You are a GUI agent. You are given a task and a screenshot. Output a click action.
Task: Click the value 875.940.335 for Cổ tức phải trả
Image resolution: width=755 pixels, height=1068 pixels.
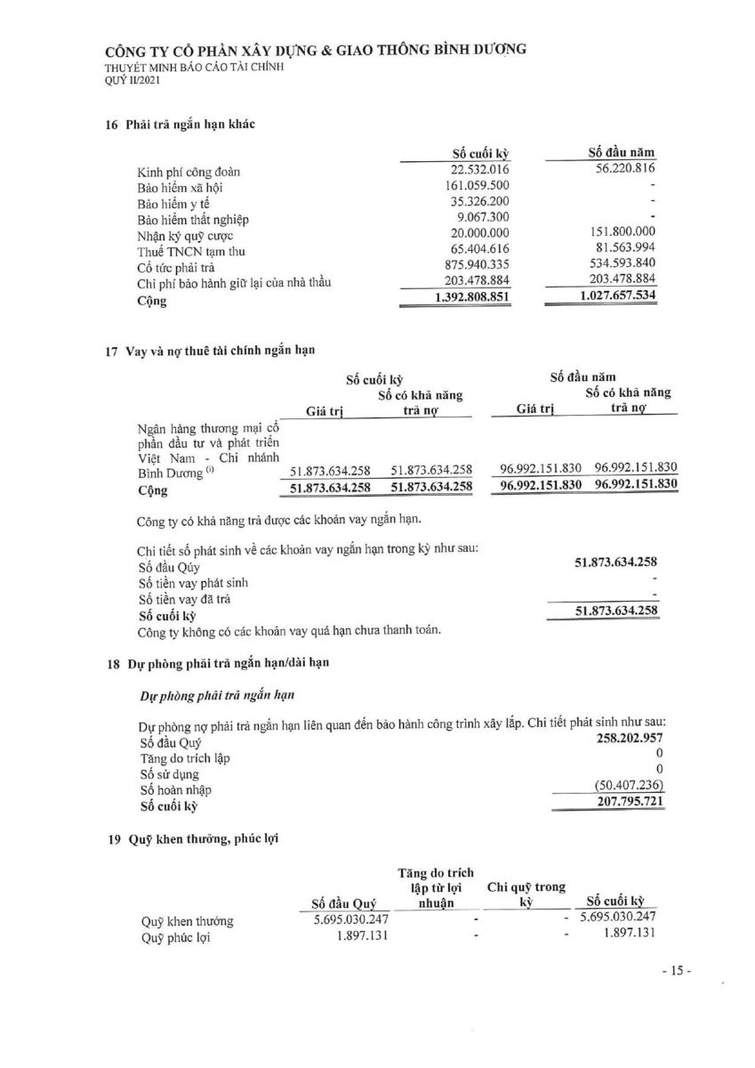pos(471,267)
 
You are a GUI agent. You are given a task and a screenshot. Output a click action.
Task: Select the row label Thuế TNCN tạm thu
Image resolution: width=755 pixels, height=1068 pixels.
pos(185,251)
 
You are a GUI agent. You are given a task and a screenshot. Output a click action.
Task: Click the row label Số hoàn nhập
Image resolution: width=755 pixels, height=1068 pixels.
pos(176,790)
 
